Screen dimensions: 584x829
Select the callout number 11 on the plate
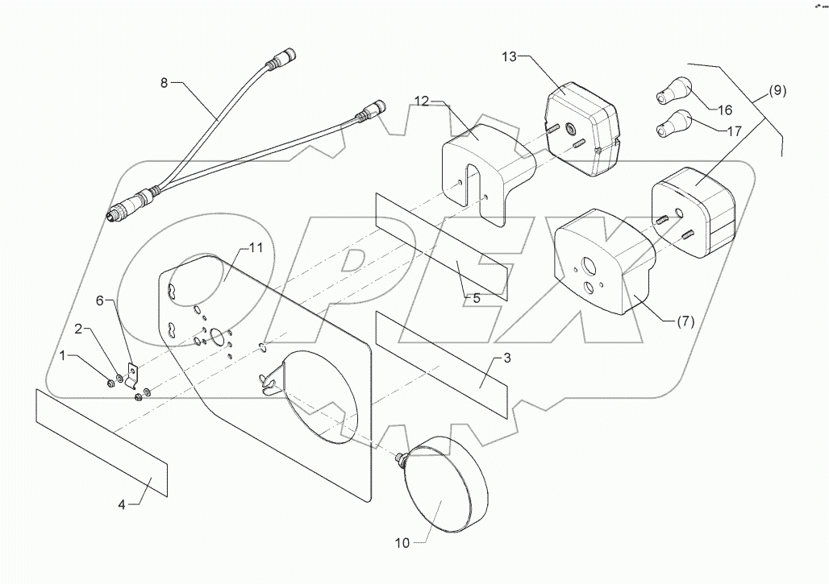(x=255, y=249)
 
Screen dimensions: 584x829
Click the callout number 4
(x=122, y=505)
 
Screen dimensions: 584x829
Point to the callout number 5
(x=476, y=298)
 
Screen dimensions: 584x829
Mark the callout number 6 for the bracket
(x=100, y=300)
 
